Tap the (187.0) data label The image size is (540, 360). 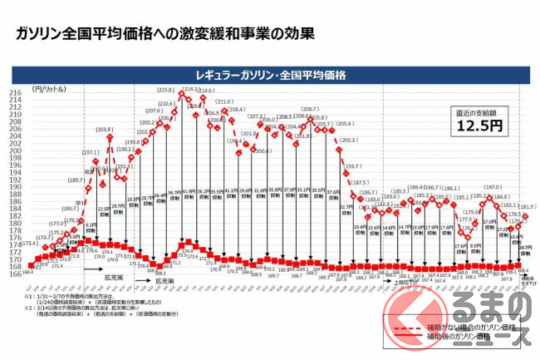(493, 188)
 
